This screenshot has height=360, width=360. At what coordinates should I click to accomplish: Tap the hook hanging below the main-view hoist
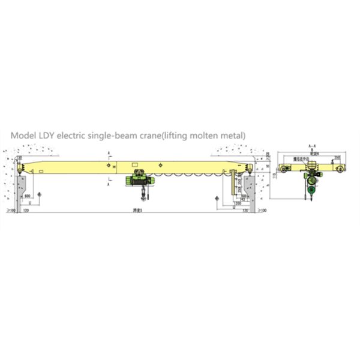click(x=143, y=196)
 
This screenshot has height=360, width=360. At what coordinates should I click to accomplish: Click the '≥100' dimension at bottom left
click(x=10, y=211)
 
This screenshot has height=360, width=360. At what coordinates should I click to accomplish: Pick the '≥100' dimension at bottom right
click(x=262, y=211)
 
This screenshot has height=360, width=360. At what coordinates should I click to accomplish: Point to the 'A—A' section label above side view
click(x=311, y=147)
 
